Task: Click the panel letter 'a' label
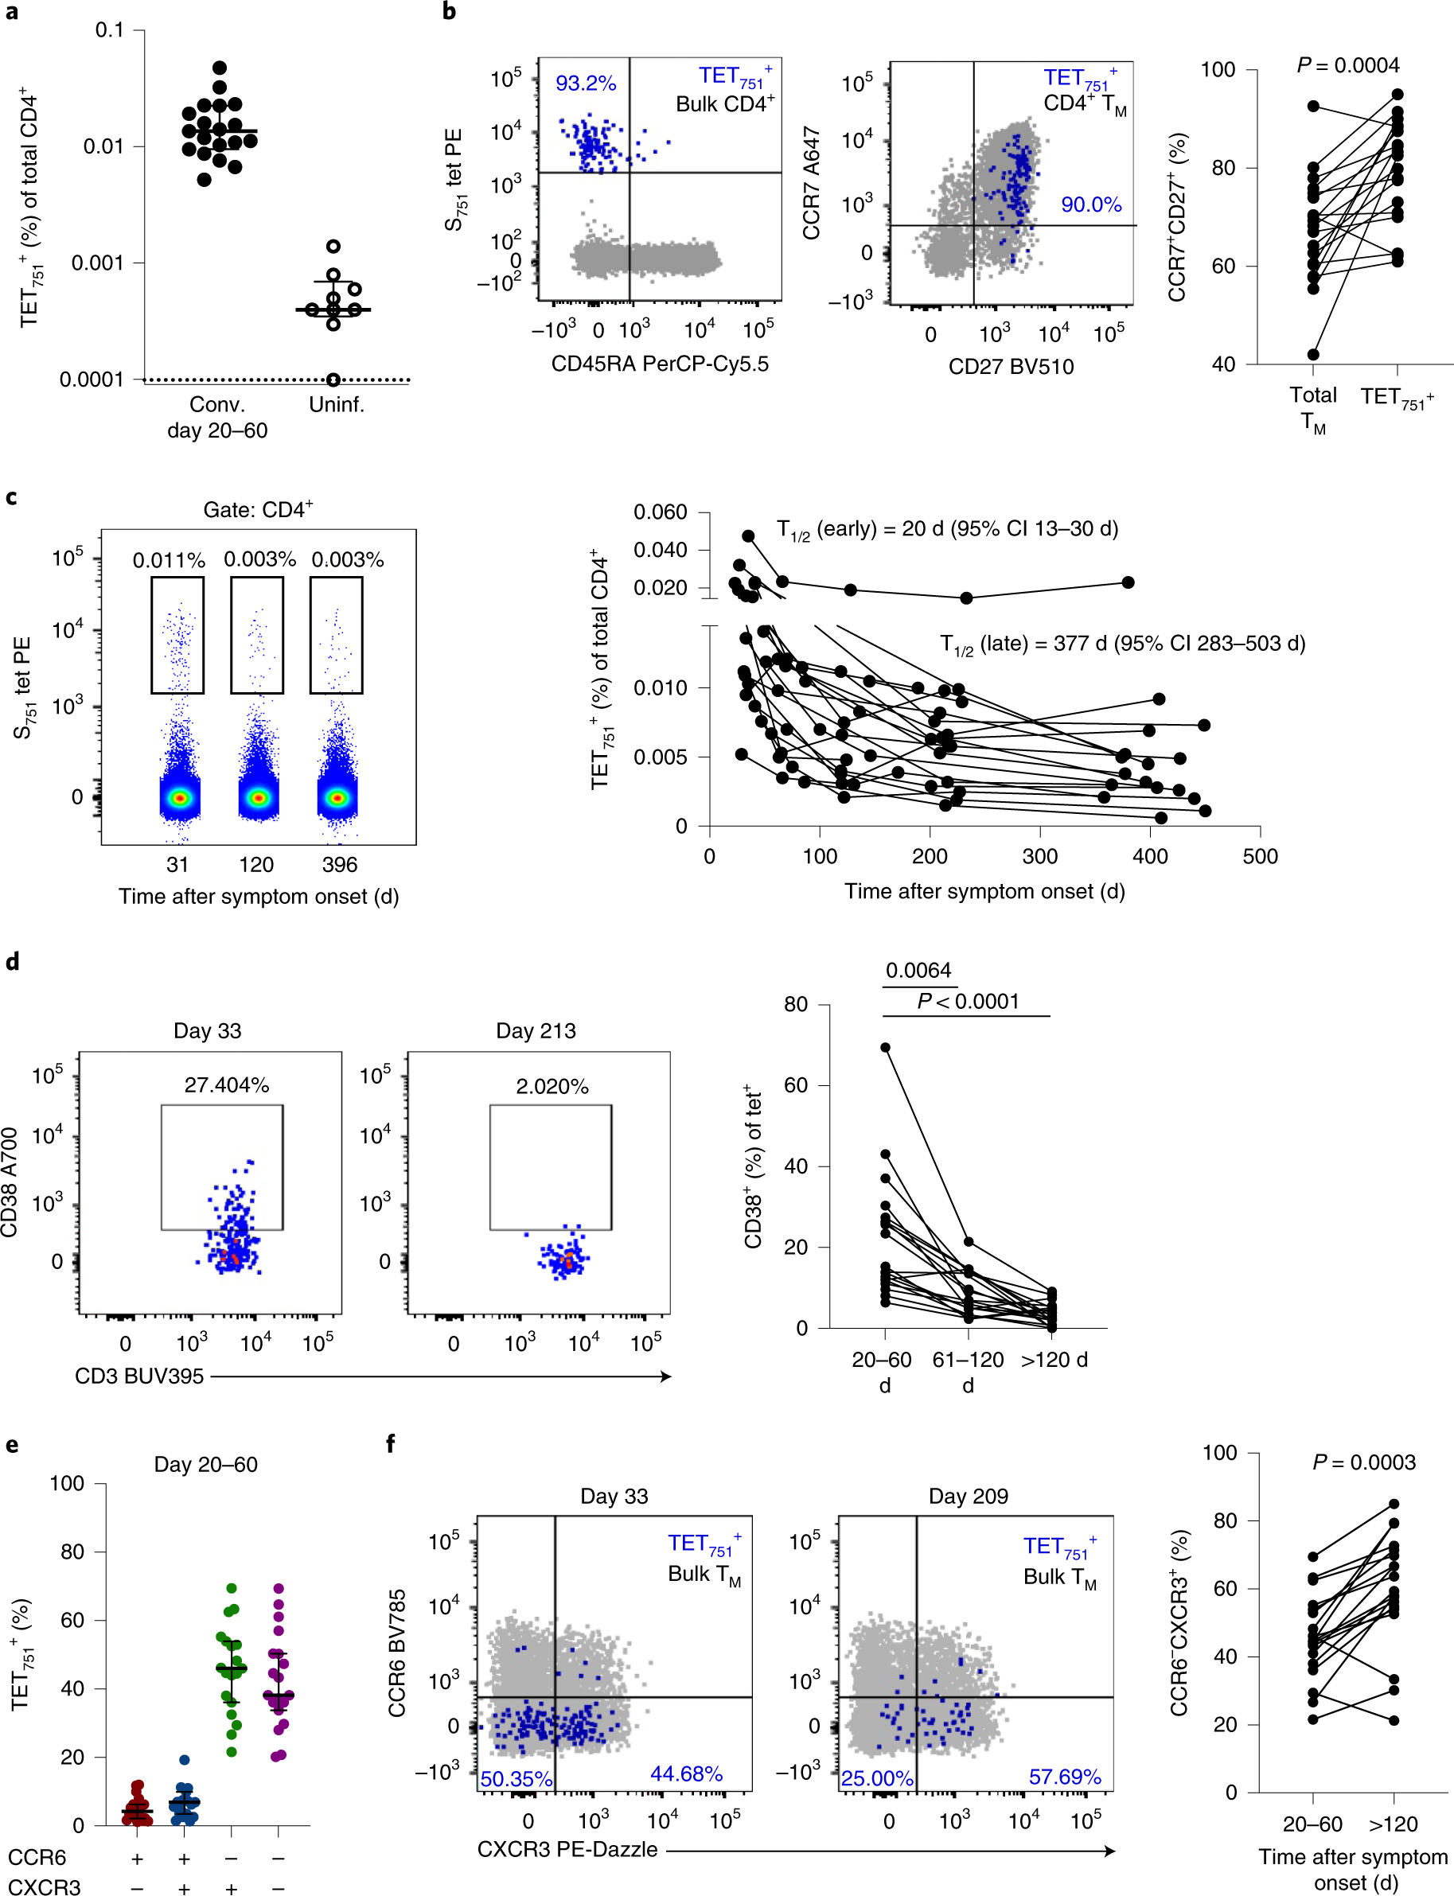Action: [x=10, y=12]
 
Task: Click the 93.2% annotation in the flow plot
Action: [x=585, y=84]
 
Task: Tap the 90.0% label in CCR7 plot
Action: [x=1090, y=205]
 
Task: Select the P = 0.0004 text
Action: [x=1347, y=66]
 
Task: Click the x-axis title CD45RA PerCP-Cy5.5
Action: [x=660, y=364]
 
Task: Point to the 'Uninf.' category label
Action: [x=337, y=404]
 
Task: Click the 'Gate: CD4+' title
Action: [x=258, y=510]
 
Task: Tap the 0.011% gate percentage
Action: [x=169, y=560]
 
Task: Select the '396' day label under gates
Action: [x=339, y=865]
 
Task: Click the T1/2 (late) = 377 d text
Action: [x=1122, y=644]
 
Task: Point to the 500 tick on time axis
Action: [x=1259, y=857]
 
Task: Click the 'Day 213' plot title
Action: [x=536, y=1030]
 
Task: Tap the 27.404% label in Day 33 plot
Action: [x=226, y=1085]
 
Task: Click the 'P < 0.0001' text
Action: [x=968, y=1001]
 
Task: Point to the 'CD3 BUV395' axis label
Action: [x=139, y=1376]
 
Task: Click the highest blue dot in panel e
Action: [x=185, y=1760]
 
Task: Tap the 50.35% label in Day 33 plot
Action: [x=516, y=1779]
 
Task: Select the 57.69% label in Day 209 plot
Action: [x=1065, y=1777]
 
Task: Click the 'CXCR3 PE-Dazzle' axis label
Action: [x=567, y=1849]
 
